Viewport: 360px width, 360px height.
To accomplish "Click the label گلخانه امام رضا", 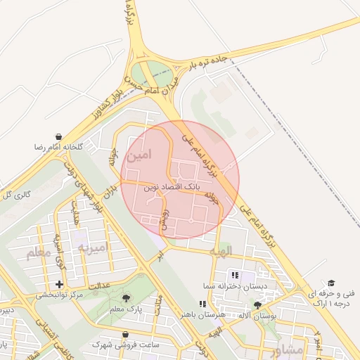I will [x=59, y=148].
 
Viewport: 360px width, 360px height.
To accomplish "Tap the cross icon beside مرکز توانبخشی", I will [x=58, y=284].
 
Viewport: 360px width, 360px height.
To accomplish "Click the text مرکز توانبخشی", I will [x=61, y=295].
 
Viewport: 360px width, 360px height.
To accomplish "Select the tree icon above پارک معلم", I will [x=127, y=298].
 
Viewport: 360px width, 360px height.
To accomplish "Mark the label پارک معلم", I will [x=126, y=309].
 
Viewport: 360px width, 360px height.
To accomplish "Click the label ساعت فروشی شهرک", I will [x=126, y=345].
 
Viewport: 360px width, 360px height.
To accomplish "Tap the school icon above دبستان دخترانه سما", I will [x=235, y=275].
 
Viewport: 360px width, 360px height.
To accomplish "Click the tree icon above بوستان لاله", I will [x=257, y=304].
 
